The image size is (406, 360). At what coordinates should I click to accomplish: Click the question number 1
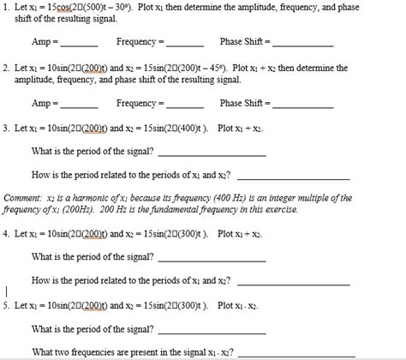[x=5, y=8]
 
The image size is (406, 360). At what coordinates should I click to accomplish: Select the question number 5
[x=5, y=305]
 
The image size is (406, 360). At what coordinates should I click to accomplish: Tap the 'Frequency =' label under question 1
[x=135, y=41]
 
